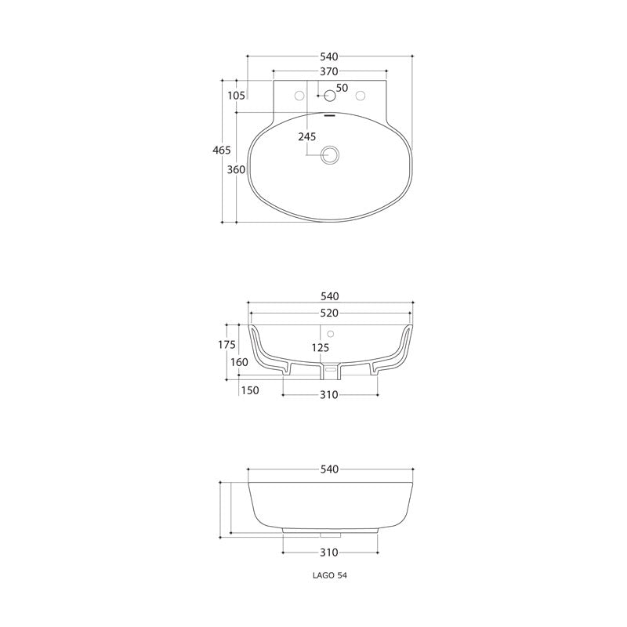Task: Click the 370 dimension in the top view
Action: point(328,71)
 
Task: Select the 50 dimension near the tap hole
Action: point(342,87)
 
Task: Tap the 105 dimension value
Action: point(236,95)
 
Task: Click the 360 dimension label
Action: point(236,169)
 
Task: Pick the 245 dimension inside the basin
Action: point(306,136)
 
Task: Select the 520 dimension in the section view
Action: point(328,312)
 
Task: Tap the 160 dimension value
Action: point(239,362)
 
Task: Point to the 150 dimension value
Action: point(250,390)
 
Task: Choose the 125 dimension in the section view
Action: point(318,347)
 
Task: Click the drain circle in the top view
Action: point(330,154)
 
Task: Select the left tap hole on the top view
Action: point(298,96)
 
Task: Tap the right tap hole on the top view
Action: point(361,96)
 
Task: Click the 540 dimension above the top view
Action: point(328,56)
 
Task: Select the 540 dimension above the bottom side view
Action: point(328,469)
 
